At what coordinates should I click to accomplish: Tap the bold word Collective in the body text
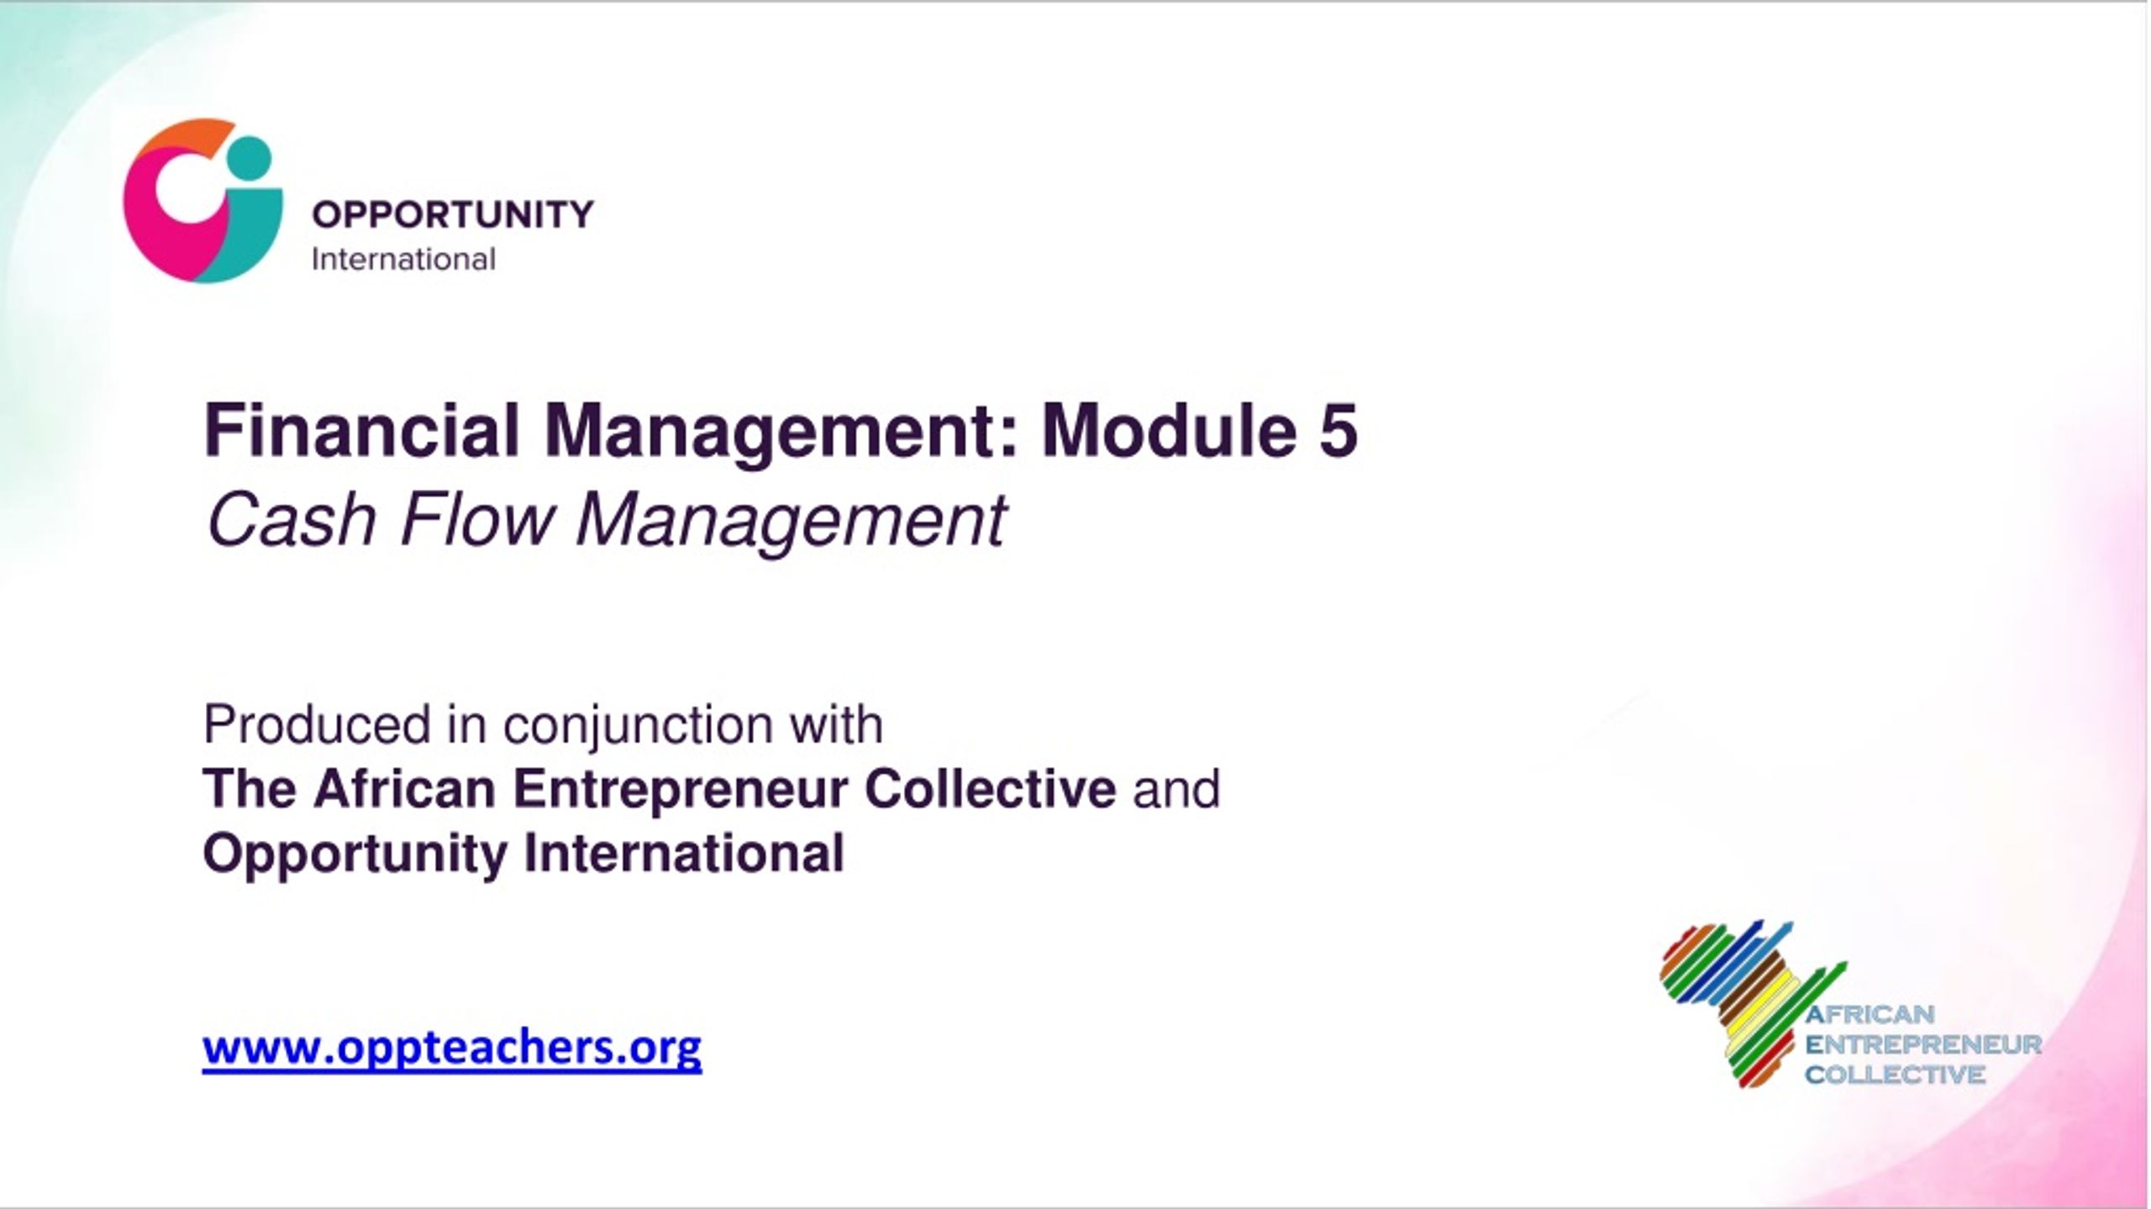[991, 789]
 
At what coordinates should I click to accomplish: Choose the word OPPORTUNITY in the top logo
[453, 214]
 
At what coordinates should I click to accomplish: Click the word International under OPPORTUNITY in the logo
[403, 259]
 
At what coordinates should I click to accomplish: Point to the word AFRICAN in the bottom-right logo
[1870, 1014]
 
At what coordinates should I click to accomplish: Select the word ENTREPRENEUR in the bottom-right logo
[1923, 1044]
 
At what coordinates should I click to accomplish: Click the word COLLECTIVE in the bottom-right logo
[1896, 1075]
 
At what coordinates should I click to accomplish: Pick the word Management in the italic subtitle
[791, 521]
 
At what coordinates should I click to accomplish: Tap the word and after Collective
[1176, 789]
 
